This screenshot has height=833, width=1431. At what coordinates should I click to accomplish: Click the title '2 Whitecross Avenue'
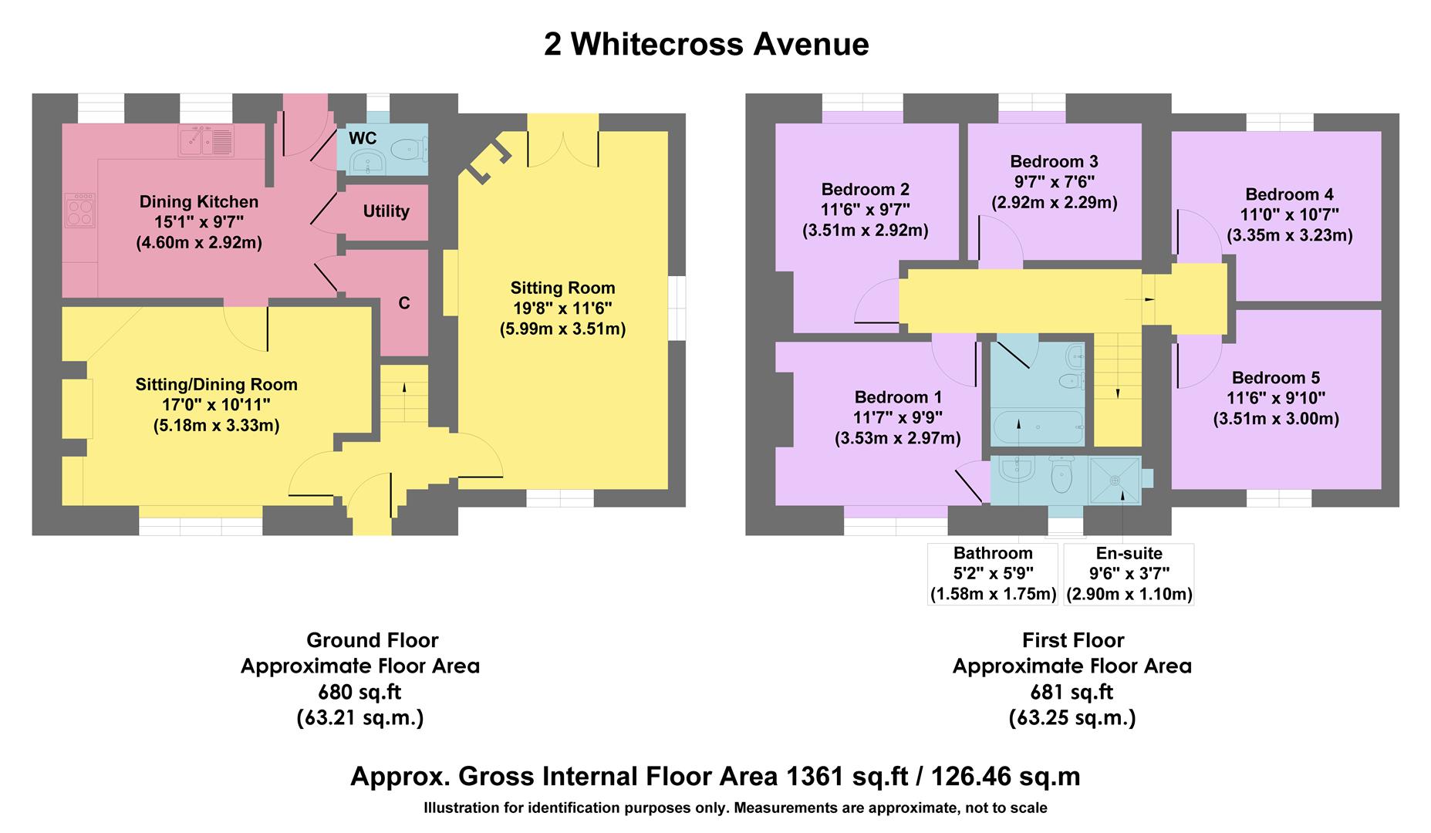[x=706, y=45]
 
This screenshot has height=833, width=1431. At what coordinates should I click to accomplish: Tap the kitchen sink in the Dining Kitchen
[x=206, y=140]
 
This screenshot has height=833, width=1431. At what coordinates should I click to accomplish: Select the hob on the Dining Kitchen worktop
[x=79, y=211]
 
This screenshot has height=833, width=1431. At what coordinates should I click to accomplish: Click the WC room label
[x=363, y=139]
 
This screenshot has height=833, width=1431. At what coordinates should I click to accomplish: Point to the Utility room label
[x=386, y=211]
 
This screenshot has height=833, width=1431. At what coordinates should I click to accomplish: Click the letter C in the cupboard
[x=403, y=304]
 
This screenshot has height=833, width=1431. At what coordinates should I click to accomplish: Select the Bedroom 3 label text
[x=1054, y=162]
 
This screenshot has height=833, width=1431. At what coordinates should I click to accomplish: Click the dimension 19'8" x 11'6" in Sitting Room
[x=562, y=309]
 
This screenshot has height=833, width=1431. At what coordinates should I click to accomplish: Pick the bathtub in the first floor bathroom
[x=1038, y=427]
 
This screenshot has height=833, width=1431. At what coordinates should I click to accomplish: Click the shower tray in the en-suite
[x=1115, y=480]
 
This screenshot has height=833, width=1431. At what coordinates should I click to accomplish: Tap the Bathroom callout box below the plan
[x=993, y=574]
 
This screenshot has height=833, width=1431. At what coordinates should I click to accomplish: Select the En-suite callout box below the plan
[x=1129, y=574]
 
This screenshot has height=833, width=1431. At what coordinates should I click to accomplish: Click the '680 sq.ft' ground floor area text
[x=360, y=692]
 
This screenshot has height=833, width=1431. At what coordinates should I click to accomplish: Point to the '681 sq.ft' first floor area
[x=1072, y=692]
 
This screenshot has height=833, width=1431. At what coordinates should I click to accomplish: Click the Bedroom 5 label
[x=1275, y=378]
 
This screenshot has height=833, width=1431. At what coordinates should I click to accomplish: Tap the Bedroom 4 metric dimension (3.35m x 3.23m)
[x=1289, y=235]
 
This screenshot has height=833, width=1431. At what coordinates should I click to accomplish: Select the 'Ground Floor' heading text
[x=372, y=640]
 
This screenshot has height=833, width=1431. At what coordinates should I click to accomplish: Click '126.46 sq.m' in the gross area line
[x=1005, y=776]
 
